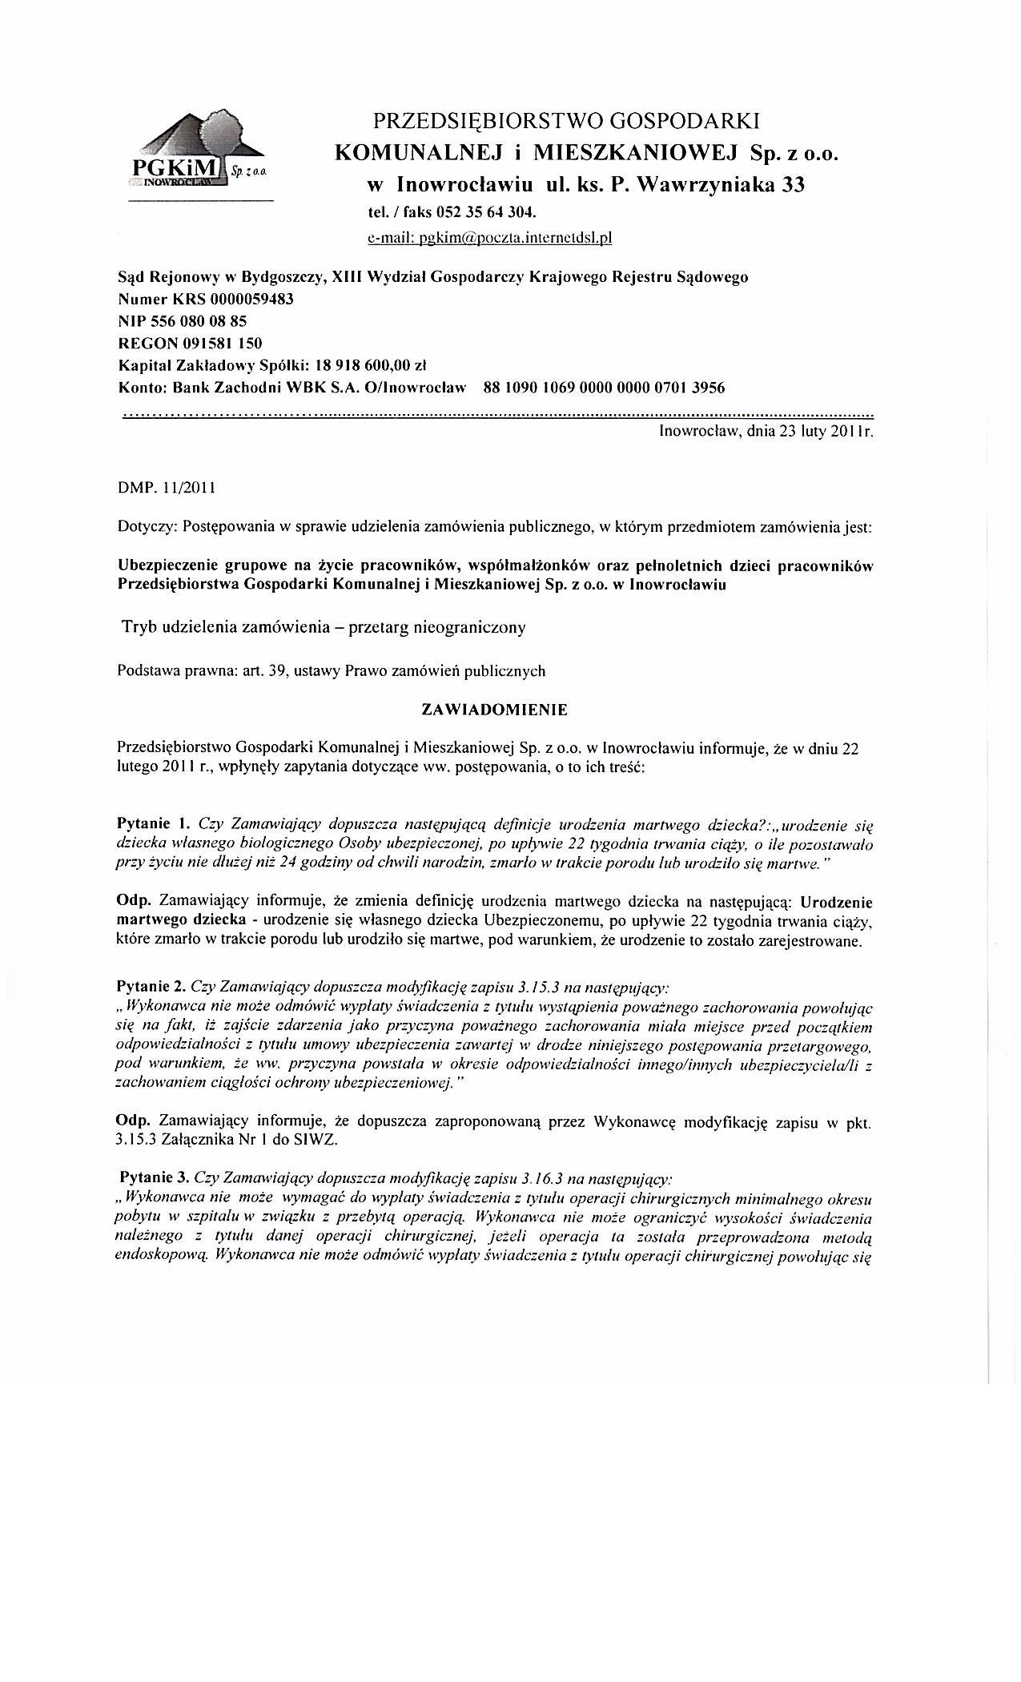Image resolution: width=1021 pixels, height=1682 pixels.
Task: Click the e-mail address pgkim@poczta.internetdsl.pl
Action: [x=489, y=237]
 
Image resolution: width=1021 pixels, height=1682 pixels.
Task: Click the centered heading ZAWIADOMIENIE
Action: [x=495, y=710]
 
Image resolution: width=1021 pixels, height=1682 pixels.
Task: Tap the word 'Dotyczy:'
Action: [x=147, y=528]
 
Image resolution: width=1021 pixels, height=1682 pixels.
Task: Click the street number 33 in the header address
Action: [x=793, y=185]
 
